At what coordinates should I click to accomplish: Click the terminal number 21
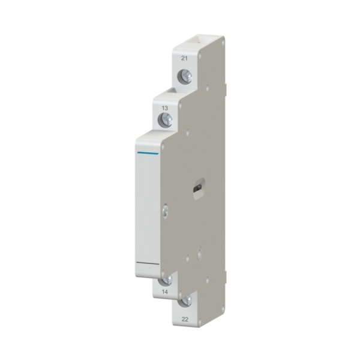point(184,58)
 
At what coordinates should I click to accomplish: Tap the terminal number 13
point(165,108)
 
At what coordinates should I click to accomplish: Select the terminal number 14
point(165,292)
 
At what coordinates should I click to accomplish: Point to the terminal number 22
point(185,319)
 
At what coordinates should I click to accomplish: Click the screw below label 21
point(185,76)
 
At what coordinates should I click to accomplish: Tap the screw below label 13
point(166,119)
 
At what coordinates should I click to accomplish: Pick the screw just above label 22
point(186,301)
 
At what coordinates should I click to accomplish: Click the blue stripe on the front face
point(148,153)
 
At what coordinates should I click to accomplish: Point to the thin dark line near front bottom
point(148,263)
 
